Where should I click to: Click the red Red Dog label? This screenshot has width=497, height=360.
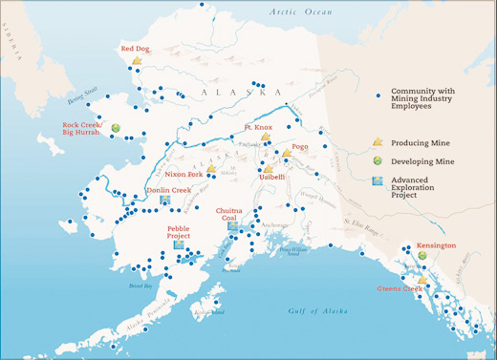coord(136,49)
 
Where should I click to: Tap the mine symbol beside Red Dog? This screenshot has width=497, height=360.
coord(137,61)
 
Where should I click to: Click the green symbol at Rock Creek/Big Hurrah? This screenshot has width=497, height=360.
coord(116,128)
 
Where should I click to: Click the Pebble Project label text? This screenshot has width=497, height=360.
coord(179,233)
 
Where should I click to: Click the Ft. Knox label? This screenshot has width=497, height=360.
coord(259,126)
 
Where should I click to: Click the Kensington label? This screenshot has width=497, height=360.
coord(436,245)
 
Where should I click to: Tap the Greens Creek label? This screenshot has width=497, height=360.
coord(400,288)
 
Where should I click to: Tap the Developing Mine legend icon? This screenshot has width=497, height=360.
coord(378,159)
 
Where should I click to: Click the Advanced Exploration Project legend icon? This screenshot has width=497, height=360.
coord(378,180)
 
